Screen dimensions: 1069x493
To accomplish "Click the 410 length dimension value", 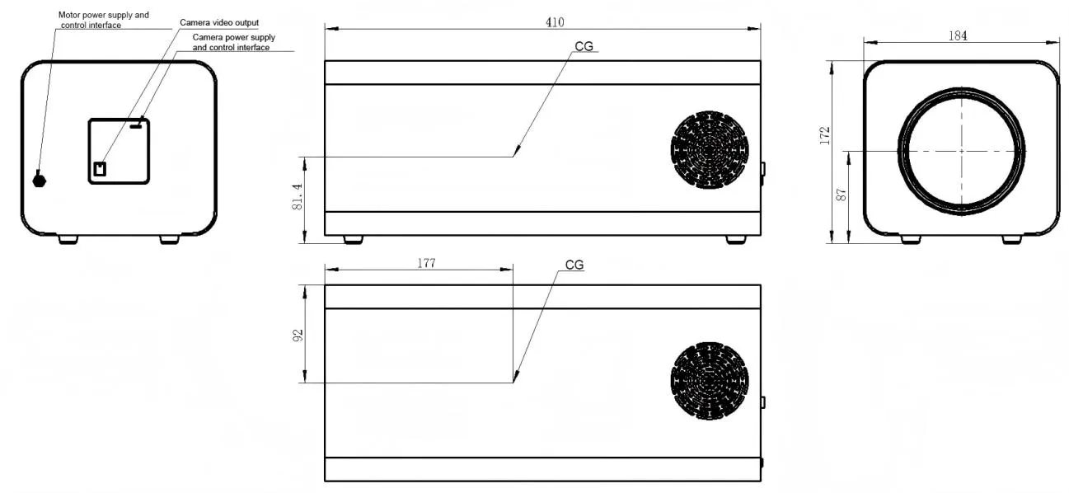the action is (555, 22).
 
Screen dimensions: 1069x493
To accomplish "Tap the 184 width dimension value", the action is (958, 35).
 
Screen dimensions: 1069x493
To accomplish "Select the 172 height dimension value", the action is (825, 135).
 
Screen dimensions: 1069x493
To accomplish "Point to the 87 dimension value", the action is (842, 195).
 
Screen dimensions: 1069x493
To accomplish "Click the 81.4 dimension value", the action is (297, 197).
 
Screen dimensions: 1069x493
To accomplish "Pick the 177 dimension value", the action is (426, 263).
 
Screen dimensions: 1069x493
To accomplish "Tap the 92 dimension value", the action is (298, 336).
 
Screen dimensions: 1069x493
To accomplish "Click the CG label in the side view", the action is (584, 46).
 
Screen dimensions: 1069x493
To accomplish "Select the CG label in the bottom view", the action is (574, 265).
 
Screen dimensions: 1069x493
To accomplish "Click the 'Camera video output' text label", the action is (219, 22).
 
